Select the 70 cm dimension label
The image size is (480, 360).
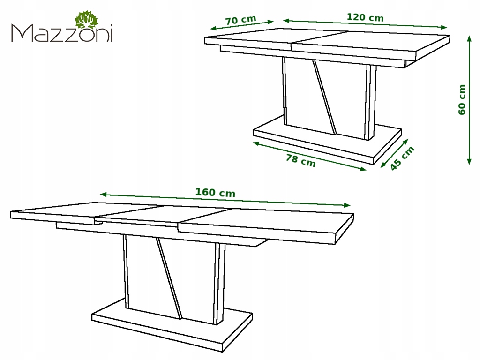pyautogui.click(x=240, y=20)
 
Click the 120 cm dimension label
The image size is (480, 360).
pyautogui.click(x=365, y=17)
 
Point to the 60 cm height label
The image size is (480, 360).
pyautogui.click(x=462, y=100)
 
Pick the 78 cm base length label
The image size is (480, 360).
pyautogui.click(x=300, y=160)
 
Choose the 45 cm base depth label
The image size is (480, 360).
pyautogui.click(x=402, y=158)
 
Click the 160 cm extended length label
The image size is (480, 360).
pyautogui.click(x=215, y=192)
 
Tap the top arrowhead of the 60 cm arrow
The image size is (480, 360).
pyautogui.click(x=469, y=38)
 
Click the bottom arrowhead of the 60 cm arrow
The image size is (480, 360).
pyautogui.click(x=469, y=162)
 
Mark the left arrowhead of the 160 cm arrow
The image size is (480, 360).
pyautogui.click(x=103, y=194)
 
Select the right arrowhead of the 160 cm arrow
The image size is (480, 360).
pyautogui.click(x=347, y=205)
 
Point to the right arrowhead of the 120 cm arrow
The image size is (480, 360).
pyautogui.click(x=444, y=27)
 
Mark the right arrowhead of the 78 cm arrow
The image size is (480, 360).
pyautogui.click(x=363, y=169)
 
